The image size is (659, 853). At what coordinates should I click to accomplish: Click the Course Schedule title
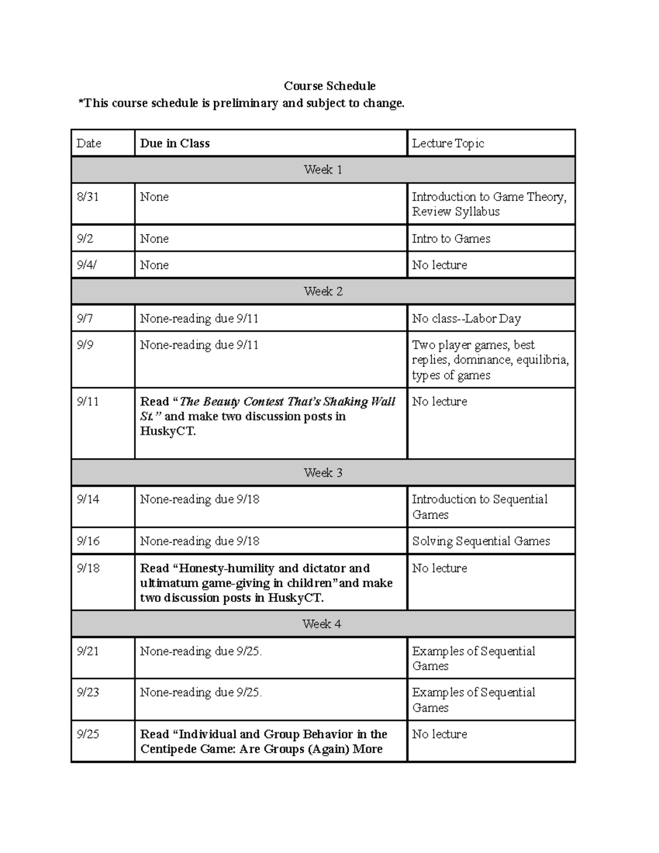point(329,86)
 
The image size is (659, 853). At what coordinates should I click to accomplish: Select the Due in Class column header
point(175,143)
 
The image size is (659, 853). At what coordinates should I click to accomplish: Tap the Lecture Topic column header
point(448,143)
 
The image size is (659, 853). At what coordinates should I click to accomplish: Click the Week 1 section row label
point(323,170)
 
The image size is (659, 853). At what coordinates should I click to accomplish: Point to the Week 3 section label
point(323,473)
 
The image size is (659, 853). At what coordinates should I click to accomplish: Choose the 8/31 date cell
point(88,197)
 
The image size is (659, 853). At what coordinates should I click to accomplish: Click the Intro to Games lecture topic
point(451,238)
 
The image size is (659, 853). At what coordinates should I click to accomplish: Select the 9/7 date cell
point(85,319)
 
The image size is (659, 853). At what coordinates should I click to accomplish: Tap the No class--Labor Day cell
point(466,319)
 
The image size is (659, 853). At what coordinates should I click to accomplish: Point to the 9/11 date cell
point(88,402)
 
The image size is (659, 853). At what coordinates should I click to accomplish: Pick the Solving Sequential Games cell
point(481,541)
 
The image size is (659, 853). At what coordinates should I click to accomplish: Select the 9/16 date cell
point(88,541)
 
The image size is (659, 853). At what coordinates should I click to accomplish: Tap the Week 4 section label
point(322,624)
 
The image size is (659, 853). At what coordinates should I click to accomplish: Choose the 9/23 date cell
point(88,692)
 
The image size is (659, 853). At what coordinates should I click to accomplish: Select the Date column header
point(89,143)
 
